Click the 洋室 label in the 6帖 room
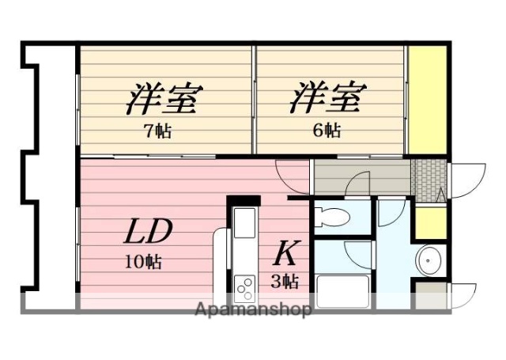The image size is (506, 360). (327, 100)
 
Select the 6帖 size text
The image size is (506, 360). (327, 131)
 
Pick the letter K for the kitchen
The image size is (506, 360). (285, 253)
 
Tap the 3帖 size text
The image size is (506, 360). (285, 281)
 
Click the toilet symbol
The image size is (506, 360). (332, 216)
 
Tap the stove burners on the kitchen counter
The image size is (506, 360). (244, 283)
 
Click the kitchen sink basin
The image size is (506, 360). (244, 222)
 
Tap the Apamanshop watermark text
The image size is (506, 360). (252, 309)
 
